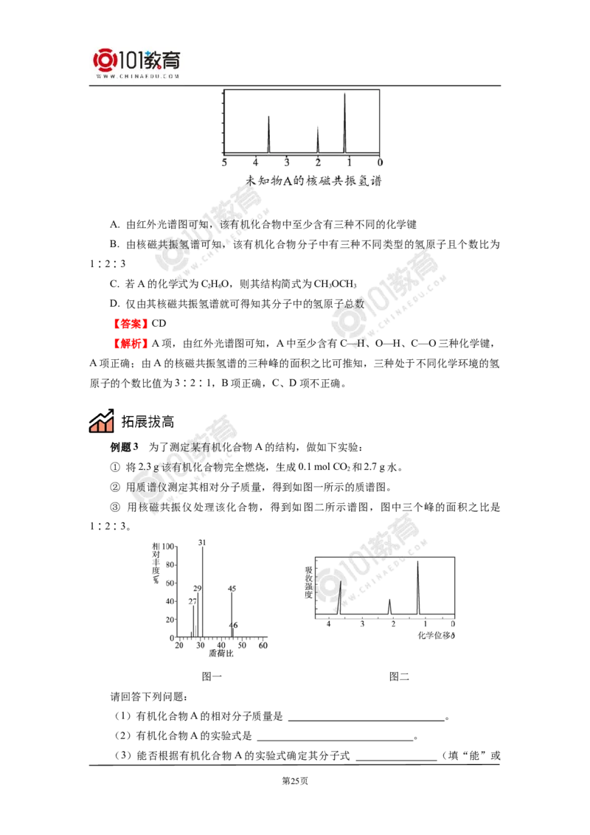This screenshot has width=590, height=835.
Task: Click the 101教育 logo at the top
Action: [136, 63]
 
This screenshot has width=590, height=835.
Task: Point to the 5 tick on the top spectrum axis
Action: [224, 162]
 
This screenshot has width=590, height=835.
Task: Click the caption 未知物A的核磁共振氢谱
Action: [313, 181]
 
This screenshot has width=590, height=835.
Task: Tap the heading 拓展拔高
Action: [147, 422]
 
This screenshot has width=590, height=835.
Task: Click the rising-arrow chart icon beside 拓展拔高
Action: [102, 420]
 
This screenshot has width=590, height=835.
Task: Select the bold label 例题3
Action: [124, 447]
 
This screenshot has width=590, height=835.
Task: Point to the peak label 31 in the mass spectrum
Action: [202, 543]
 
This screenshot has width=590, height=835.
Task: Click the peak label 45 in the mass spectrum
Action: [232, 589]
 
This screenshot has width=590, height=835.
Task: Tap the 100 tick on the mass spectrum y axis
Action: [167, 547]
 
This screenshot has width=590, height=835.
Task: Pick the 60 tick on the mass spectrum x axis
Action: [263, 645]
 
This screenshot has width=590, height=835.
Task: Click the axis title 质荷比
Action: [221, 654]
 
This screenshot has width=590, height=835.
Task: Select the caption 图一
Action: [212, 677]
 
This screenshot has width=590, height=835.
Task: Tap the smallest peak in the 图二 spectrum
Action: [390, 607]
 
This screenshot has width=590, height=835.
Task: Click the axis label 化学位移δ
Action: [436, 635]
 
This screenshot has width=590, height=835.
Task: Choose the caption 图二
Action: [399, 677]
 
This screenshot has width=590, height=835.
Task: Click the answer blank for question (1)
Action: [367, 717]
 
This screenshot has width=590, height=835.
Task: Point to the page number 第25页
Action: [295, 781]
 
